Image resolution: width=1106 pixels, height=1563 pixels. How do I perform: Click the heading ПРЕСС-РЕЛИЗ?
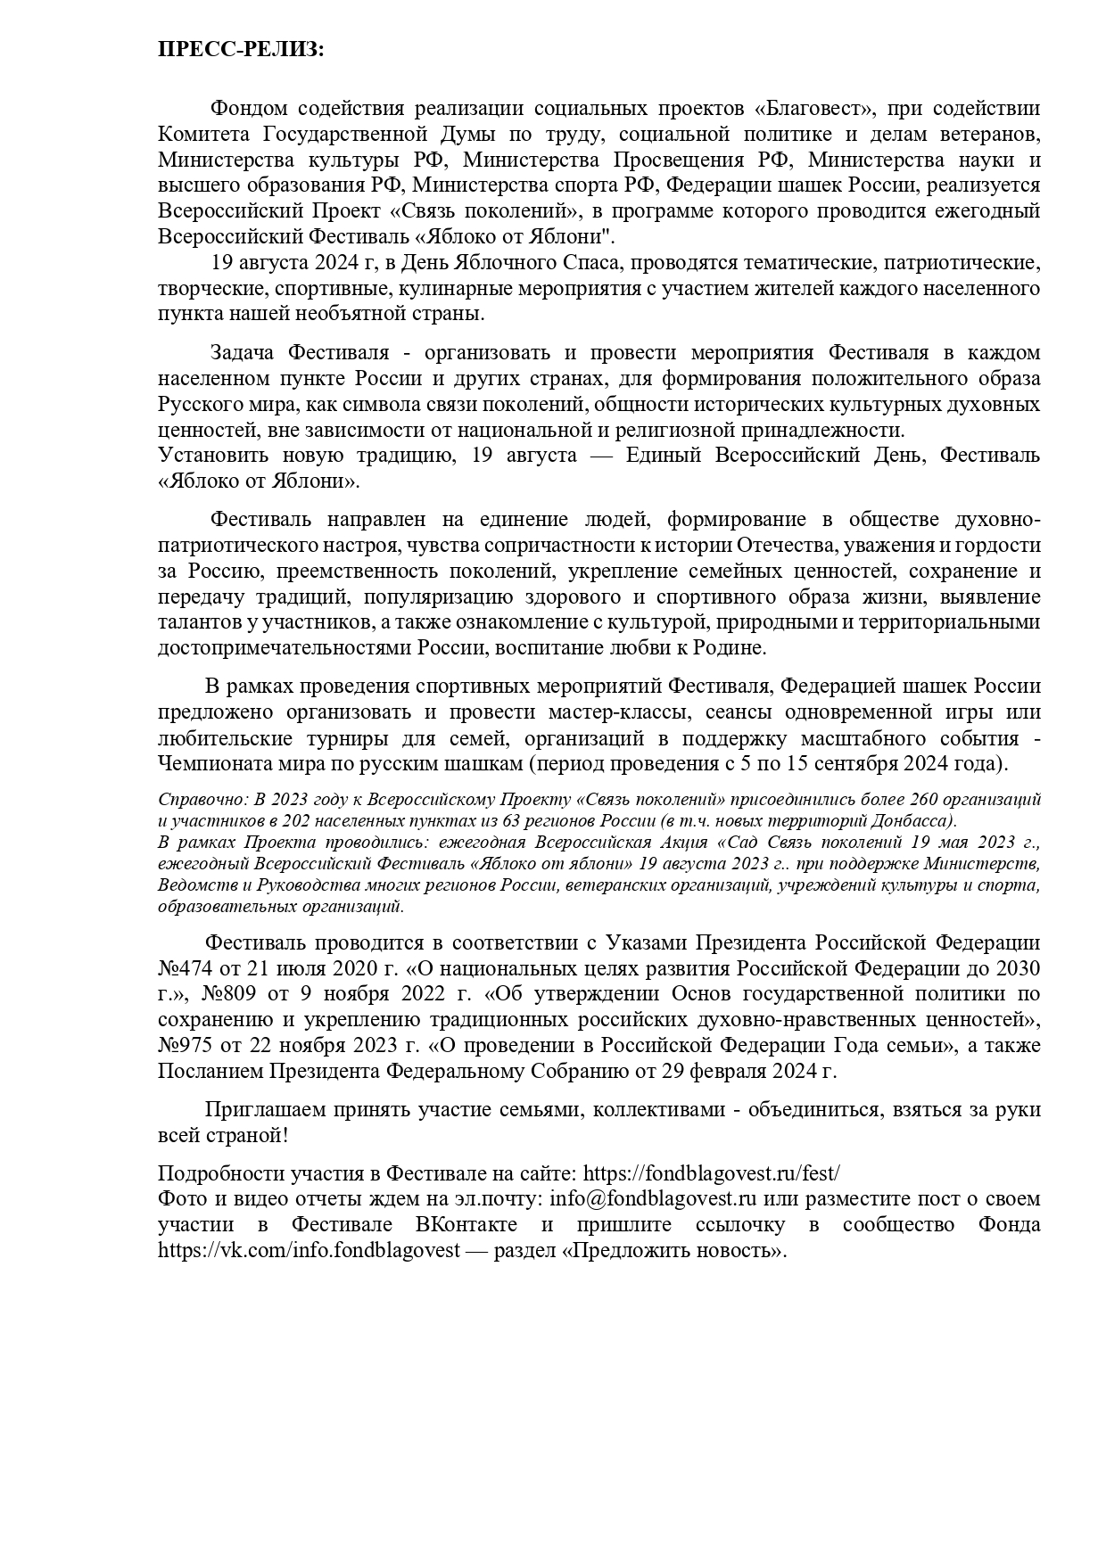point(241,50)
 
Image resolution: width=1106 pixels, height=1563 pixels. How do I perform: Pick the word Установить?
point(212,456)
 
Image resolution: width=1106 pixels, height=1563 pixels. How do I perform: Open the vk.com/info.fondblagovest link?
point(309,1250)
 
